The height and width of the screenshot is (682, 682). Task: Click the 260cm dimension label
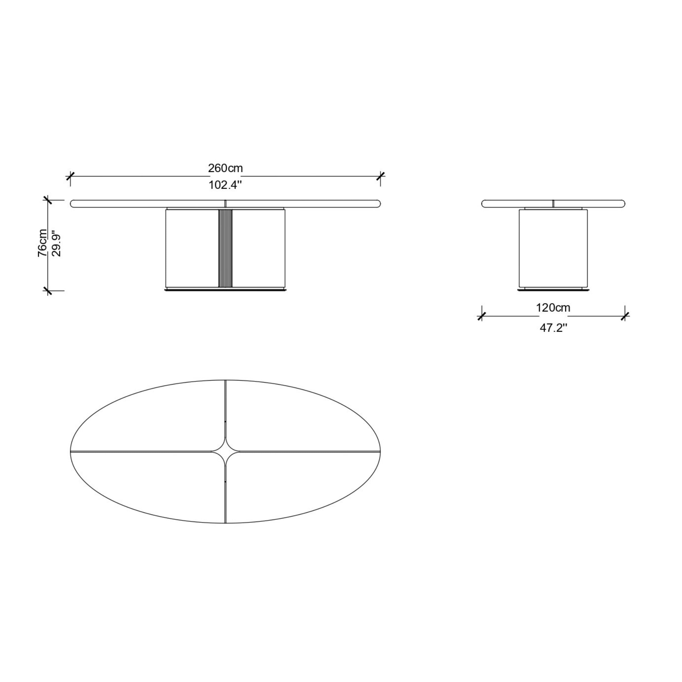(x=225, y=169)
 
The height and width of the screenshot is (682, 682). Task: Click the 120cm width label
(x=553, y=308)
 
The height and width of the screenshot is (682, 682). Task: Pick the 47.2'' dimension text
(x=554, y=328)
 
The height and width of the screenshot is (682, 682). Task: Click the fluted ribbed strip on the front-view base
(x=225, y=248)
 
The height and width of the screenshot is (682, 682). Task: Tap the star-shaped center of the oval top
(x=225, y=451)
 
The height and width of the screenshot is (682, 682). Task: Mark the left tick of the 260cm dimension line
(x=70, y=176)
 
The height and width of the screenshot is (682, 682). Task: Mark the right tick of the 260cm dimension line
(x=380, y=176)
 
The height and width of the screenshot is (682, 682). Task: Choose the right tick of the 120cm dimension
(x=625, y=316)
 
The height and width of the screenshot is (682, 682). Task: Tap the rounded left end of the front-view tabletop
(x=73, y=204)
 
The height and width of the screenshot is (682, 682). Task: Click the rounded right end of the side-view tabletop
(x=622, y=204)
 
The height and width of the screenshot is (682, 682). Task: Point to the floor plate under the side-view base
(x=553, y=290)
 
